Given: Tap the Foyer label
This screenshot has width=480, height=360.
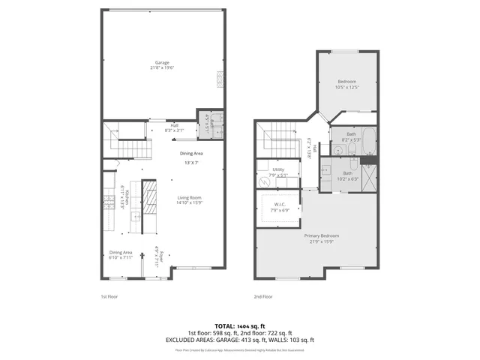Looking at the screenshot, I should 156,259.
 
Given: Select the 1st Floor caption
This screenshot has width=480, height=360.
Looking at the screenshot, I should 109,296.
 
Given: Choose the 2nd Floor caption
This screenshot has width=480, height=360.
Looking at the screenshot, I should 263,296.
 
